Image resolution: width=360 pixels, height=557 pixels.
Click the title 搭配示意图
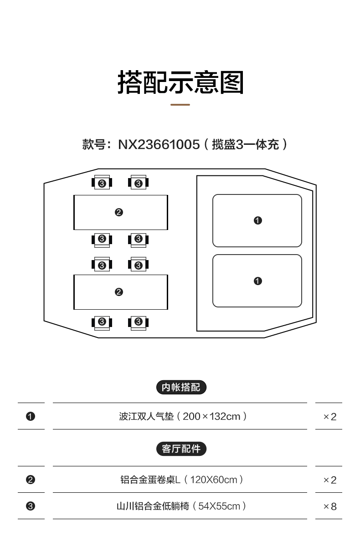(181, 82)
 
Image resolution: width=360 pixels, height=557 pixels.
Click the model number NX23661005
(159, 144)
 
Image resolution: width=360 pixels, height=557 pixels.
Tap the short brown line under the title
(180, 105)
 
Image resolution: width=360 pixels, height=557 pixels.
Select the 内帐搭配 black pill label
(181, 388)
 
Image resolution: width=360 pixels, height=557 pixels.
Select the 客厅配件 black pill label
(181, 449)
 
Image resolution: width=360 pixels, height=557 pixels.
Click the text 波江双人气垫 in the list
(147, 416)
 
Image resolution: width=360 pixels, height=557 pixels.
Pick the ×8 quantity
(329, 506)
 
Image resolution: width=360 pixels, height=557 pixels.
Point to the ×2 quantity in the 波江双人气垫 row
(329, 417)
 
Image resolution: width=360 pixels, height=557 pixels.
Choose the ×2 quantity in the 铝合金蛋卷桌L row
(329, 480)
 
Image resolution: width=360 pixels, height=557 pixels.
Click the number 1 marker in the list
(31, 416)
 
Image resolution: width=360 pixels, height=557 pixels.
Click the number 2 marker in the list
(31, 480)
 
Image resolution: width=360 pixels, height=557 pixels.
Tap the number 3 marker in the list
(31, 506)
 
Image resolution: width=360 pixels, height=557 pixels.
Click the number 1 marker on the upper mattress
(258, 220)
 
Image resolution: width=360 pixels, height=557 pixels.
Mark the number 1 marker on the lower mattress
(258, 281)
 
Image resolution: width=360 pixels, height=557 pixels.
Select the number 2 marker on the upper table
(119, 212)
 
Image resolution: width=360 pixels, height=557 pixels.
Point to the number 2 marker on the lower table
(119, 292)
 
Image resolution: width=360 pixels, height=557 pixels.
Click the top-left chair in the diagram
(102, 183)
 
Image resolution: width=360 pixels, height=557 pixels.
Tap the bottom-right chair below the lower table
(139, 322)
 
